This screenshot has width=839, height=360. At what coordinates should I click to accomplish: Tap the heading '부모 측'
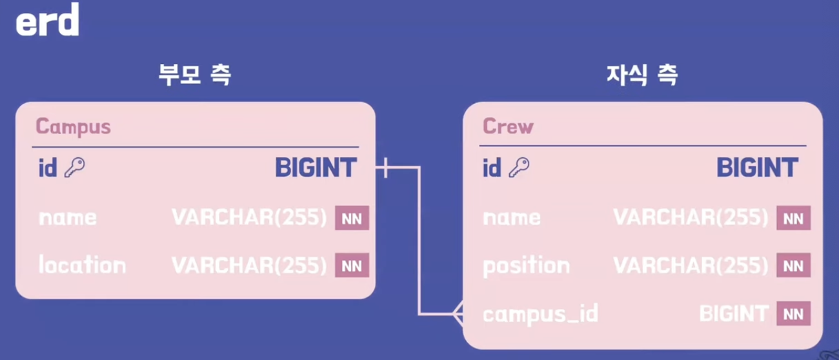coord(195,75)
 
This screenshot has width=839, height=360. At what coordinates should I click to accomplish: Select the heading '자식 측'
coord(642,75)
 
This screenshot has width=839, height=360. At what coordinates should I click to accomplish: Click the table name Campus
coord(73,126)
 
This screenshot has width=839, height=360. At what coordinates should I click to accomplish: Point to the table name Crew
coord(508,126)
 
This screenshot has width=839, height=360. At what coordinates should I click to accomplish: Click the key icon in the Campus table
coord(75,168)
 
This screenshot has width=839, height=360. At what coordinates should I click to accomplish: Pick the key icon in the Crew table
coord(519,168)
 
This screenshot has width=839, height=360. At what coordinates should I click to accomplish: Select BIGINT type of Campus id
coord(316,168)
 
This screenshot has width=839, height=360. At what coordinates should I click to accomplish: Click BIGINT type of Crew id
coord(757,168)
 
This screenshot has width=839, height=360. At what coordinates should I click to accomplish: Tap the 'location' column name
coord(82,265)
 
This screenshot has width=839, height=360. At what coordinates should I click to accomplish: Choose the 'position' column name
coord(526,265)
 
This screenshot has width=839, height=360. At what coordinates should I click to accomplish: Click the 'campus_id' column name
coord(540,314)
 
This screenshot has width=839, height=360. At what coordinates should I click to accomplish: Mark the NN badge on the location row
coord(352,266)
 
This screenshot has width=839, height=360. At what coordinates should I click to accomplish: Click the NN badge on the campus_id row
coord(793,314)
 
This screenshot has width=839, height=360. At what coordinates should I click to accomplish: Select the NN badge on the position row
coord(793,266)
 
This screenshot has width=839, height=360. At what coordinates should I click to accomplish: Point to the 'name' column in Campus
coord(67,217)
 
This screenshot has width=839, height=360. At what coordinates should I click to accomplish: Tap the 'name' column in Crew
coord(511,217)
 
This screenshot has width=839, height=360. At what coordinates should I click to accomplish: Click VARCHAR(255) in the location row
coord(249,265)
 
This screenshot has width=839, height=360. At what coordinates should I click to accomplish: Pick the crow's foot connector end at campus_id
coord(458,314)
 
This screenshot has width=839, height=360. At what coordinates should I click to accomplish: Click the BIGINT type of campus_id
coord(734,314)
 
